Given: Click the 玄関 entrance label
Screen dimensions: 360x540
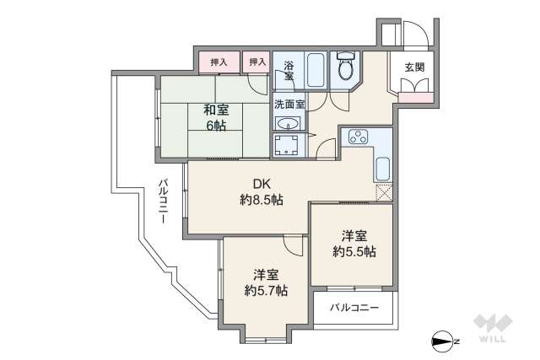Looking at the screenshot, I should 414,67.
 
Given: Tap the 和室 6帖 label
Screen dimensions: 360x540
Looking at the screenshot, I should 216,116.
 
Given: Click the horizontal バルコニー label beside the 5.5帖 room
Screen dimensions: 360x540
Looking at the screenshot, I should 354,308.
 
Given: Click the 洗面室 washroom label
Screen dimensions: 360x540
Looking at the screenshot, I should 289,105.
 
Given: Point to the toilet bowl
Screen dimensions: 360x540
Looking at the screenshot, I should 345,69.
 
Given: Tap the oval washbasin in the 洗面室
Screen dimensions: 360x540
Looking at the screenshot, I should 283,122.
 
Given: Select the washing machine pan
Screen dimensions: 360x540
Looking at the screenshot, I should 289,146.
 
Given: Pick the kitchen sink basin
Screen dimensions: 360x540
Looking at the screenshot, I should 382,168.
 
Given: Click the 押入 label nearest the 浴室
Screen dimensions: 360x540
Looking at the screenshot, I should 256,62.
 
